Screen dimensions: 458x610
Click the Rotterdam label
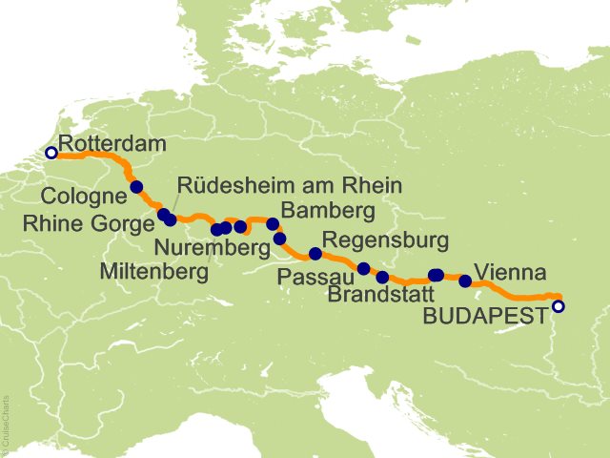tap(112, 144)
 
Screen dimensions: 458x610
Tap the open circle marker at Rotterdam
tap(51, 152)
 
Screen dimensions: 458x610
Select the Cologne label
tap(83, 198)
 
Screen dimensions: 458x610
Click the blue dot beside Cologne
tap(136, 187)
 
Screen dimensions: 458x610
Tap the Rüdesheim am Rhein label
tap(291, 185)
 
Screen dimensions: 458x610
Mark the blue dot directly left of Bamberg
tap(273, 224)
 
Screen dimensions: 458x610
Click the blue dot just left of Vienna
tap(465, 281)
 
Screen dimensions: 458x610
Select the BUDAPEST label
tap(485, 311)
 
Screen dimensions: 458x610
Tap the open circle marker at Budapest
tap(559, 306)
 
